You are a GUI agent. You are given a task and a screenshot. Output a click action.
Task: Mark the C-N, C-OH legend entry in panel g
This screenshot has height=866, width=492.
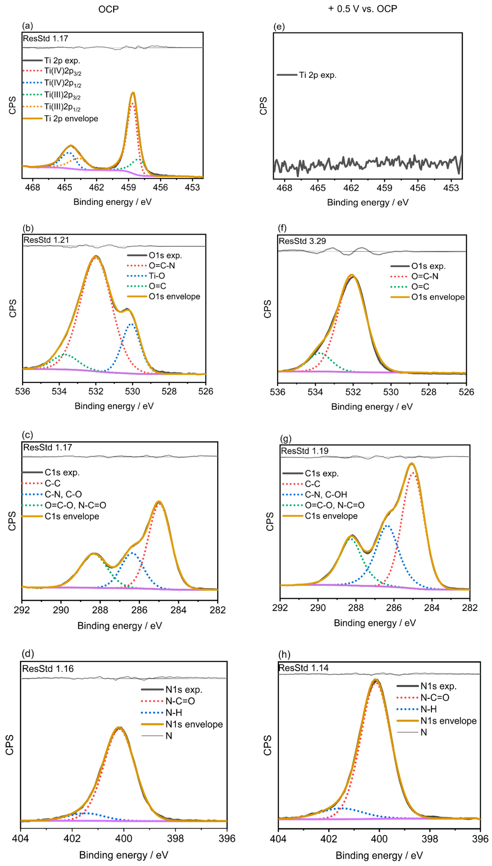point(326,494)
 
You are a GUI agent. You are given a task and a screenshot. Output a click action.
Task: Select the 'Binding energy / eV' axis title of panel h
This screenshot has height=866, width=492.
point(379,855)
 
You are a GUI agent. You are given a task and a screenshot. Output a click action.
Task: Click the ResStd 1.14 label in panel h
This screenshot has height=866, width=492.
point(303,668)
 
